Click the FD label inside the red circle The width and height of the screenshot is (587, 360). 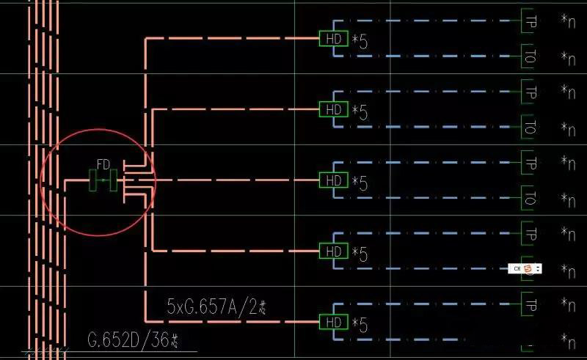coord(103,164)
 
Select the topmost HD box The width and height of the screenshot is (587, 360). coord(334,38)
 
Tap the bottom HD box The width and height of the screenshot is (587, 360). coord(334,322)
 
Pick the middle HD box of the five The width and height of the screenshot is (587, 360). coord(334,180)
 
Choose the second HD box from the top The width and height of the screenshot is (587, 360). coord(334,110)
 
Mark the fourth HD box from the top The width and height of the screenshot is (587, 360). coord(334,251)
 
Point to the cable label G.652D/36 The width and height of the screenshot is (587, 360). coord(134,340)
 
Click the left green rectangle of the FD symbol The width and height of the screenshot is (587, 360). coord(94,180)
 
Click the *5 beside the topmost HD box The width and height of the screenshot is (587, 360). coord(360,41)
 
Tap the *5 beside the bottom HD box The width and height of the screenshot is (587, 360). coord(360,325)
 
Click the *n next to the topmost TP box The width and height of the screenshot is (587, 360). coord(567,21)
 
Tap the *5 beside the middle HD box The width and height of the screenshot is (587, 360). coord(360,183)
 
